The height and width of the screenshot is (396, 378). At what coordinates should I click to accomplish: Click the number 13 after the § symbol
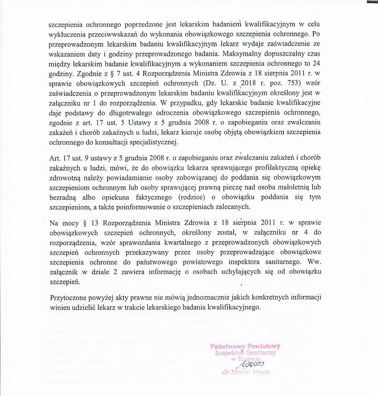pos(92,222)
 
